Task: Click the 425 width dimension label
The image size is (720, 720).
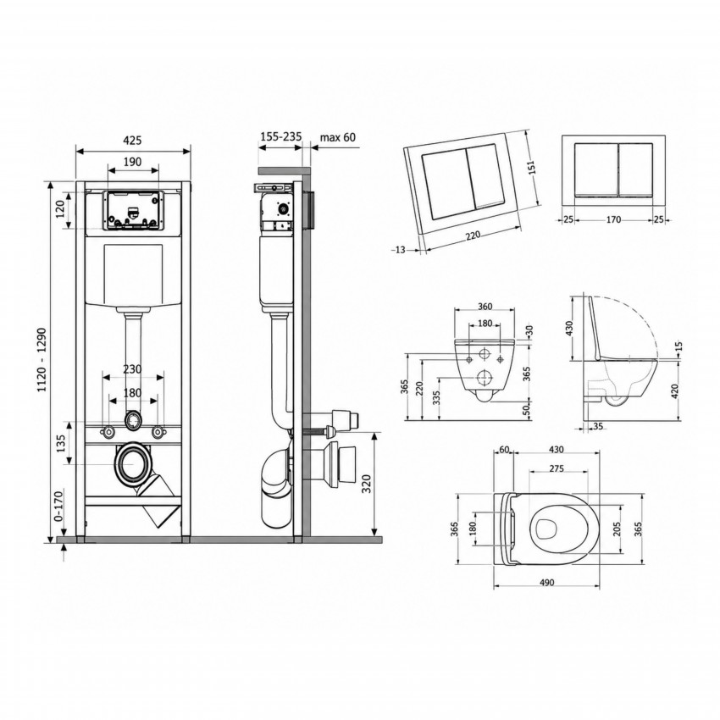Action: click(133, 140)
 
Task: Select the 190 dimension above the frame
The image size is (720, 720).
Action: click(133, 162)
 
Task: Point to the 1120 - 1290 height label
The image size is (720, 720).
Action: click(42, 359)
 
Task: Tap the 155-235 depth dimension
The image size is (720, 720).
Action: click(281, 136)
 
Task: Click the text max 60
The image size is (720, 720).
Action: click(337, 137)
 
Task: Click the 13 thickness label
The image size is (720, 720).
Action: click(400, 250)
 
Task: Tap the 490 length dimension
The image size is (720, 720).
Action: click(546, 583)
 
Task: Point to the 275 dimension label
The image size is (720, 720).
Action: click(556, 468)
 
